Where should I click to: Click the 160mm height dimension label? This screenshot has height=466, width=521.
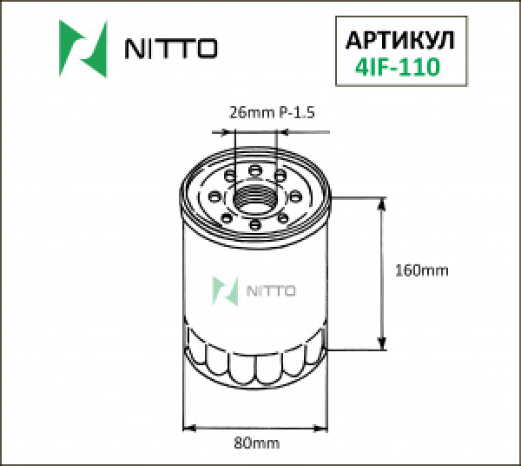pyautogui.click(x=421, y=270)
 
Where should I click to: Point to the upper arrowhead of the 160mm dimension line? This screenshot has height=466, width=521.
pyautogui.click(x=381, y=203)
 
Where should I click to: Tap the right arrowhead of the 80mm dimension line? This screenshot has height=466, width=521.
pyautogui.click(x=325, y=427)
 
